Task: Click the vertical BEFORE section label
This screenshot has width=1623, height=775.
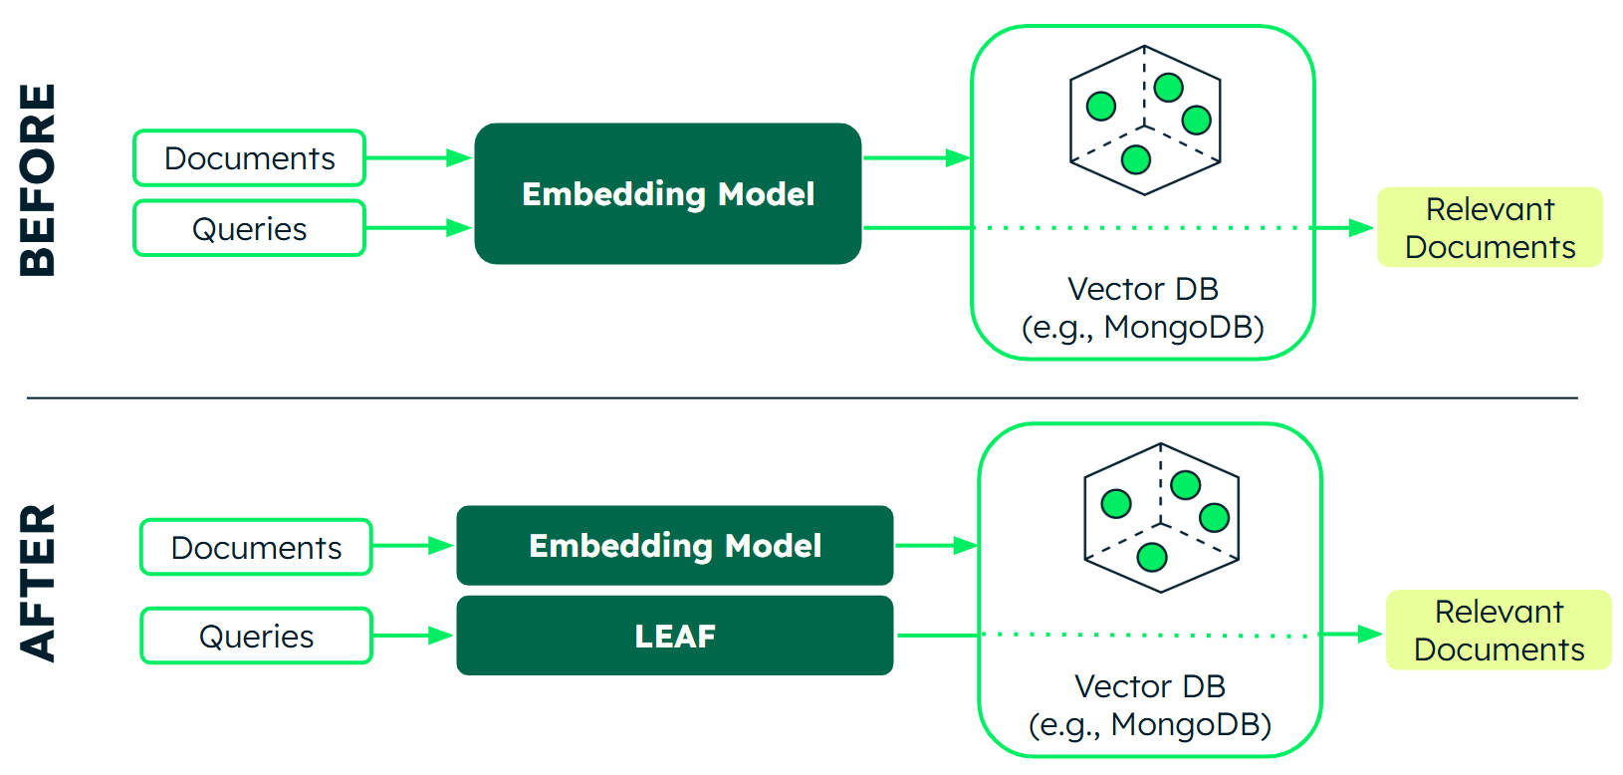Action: tap(38, 179)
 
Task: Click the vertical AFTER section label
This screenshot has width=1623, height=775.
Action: tap(38, 583)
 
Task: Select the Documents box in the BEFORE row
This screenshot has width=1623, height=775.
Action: tap(249, 158)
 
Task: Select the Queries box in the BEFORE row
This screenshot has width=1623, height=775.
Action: tap(249, 229)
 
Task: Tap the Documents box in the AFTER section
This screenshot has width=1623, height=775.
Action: tap(256, 547)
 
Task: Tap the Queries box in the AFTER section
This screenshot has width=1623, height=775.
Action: tap(256, 636)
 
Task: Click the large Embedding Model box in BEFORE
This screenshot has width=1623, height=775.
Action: tap(667, 193)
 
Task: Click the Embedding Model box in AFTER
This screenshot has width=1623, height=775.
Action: tap(674, 545)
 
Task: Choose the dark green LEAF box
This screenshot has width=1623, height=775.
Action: tap(674, 636)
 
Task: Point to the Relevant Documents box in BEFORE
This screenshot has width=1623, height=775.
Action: tap(1490, 227)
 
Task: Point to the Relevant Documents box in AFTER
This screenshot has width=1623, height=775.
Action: tap(1499, 630)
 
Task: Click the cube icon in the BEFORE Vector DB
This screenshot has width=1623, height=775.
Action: tap(1145, 120)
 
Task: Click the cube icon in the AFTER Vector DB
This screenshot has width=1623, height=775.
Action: tap(1161, 518)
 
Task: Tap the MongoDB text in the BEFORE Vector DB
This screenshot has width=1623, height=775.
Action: tap(1183, 327)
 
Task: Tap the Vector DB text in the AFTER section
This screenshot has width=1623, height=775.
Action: tap(1150, 686)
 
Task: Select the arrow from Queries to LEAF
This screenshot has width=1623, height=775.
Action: tap(412, 636)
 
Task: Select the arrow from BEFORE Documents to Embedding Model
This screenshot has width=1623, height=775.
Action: tap(417, 158)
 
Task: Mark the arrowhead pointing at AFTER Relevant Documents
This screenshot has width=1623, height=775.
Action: tap(1369, 634)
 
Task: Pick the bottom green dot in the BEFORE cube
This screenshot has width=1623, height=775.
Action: tap(1136, 158)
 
